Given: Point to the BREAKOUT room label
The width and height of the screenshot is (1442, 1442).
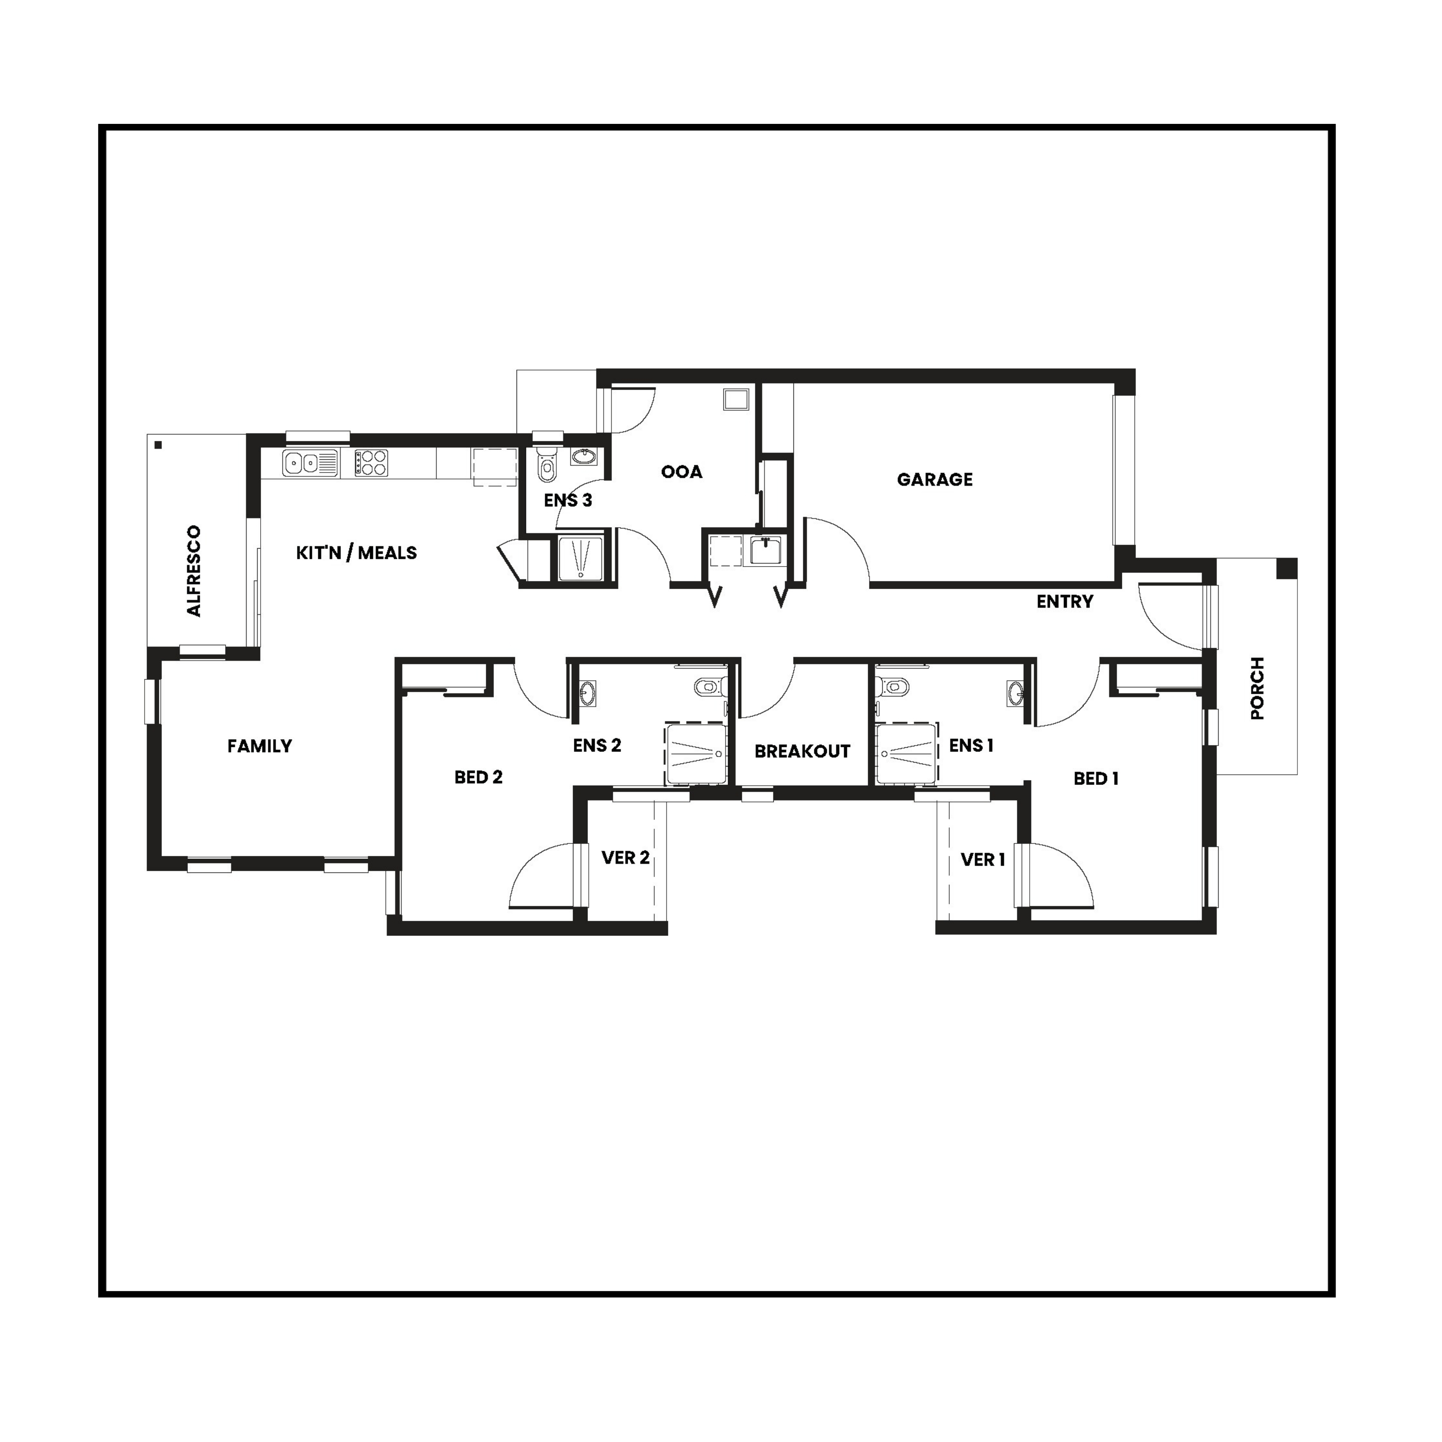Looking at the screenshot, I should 802,752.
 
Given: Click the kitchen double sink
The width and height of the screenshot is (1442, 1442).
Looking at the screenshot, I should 310,464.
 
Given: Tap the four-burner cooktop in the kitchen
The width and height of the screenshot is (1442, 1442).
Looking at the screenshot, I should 371,463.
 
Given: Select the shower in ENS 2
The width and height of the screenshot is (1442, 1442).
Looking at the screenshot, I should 695,754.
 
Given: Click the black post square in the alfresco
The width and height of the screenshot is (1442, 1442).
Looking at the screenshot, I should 158,446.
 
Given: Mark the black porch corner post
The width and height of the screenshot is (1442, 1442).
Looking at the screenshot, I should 1285,569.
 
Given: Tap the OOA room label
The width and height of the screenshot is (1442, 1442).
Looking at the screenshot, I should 681,472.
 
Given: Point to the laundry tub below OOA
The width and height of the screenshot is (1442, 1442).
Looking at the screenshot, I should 765,551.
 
